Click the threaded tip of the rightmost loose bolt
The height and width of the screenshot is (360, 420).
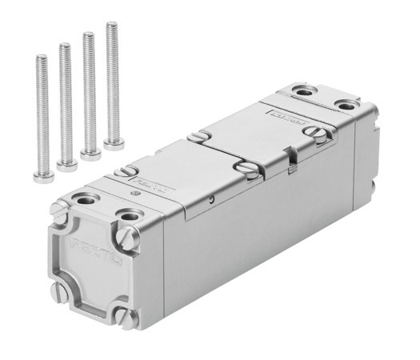(x=111, y=27)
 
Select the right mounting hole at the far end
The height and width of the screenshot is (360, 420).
(x=347, y=106)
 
